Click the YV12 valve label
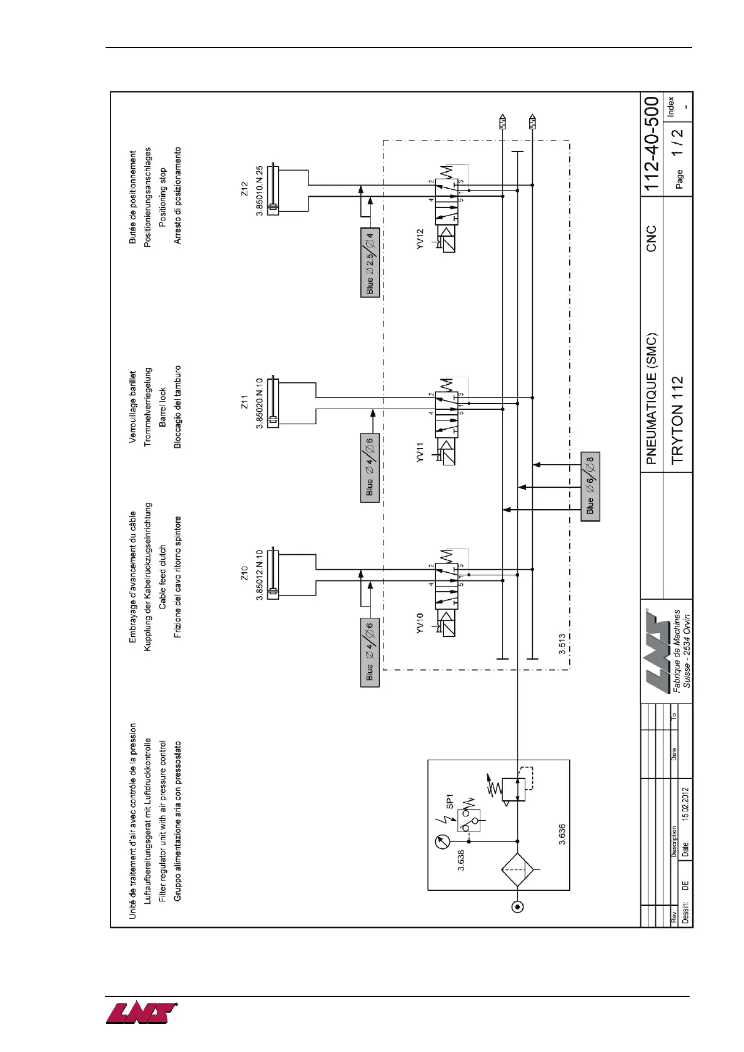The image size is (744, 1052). coord(420,239)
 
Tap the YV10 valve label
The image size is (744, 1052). coord(420,623)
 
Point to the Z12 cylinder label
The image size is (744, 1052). coord(244,189)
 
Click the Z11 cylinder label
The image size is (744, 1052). coord(244,402)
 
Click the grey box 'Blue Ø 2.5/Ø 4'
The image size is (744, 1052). coord(370,262)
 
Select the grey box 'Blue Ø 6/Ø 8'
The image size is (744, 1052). coord(590,486)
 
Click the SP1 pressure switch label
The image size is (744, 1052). coord(449,801)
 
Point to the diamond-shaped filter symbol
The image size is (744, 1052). coord(518,870)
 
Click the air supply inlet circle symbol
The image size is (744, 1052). coord(517,906)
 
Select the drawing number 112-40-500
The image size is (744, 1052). coord(652,143)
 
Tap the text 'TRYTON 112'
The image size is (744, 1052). coord(677,419)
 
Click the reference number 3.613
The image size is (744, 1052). coord(562,644)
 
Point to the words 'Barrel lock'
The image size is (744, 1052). coord(162,407)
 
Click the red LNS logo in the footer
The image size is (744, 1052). coord(141,1013)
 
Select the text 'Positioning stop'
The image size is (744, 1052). coord(162,196)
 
